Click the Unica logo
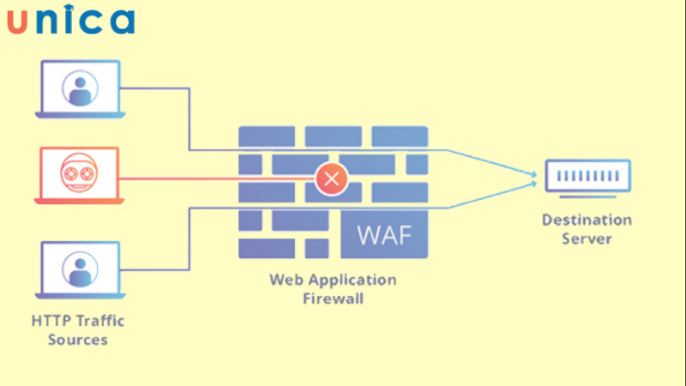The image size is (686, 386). [70, 21]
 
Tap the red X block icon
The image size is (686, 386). [330, 179]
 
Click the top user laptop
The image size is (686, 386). [79, 89]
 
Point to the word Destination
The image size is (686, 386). [587, 220]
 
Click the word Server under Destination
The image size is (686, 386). [587, 238]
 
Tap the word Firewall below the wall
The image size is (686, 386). [333, 299]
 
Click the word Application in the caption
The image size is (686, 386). [351, 280]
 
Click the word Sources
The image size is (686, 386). [78, 340]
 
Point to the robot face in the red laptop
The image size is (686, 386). [79, 172]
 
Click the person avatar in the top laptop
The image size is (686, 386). [80, 87]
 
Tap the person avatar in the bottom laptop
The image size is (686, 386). [80, 268]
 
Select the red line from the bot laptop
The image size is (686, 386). [214, 179]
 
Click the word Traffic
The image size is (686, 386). [100, 321]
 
